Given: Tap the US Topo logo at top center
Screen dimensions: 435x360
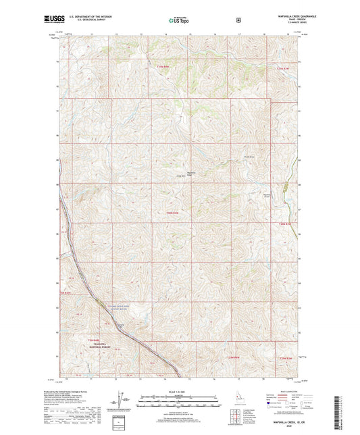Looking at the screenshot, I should [179, 21].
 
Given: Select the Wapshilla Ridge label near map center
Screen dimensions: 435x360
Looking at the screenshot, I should [191, 173].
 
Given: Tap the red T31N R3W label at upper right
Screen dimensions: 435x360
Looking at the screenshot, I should [289, 69].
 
